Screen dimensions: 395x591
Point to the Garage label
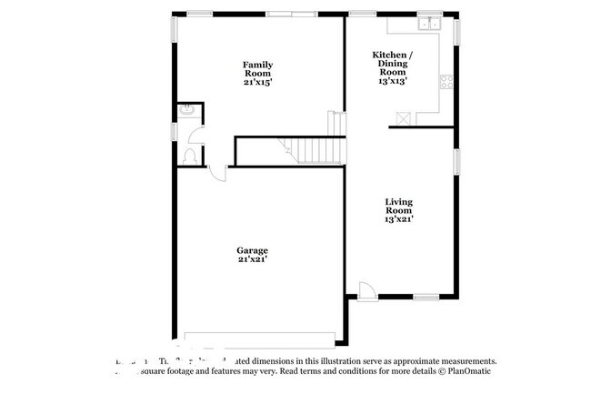pyautogui.click(x=252, y=249)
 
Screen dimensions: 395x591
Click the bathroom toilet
pyautogui.click(x=188, y=157)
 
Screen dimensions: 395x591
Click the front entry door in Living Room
pyautogui.click(x=366, y=290)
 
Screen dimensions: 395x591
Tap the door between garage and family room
pyautogui.click(x=216, y=173)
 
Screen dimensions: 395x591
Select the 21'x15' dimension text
pyautogui.click(x=257, y=82)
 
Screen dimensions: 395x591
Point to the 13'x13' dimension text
pyautogui.click(x=393, y=81)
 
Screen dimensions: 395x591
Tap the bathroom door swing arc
pyautogui.click(x=195, y=135)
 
